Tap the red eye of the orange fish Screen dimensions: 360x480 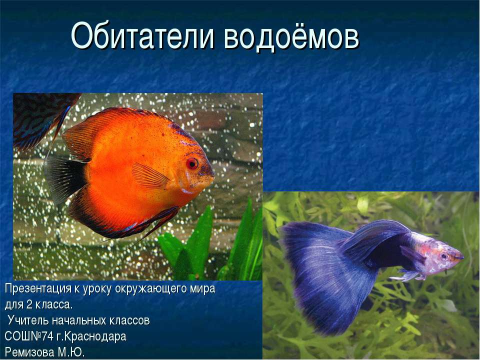click(x=192, y=163)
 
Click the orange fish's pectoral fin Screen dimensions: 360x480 click(x=150, y=176)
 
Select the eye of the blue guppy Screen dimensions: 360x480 click(x=443, y=256)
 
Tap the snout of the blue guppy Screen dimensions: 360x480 click(x=459, y=257)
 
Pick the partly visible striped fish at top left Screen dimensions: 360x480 click(x=37, y=117)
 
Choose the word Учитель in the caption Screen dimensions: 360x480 click(x=29, y=320)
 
